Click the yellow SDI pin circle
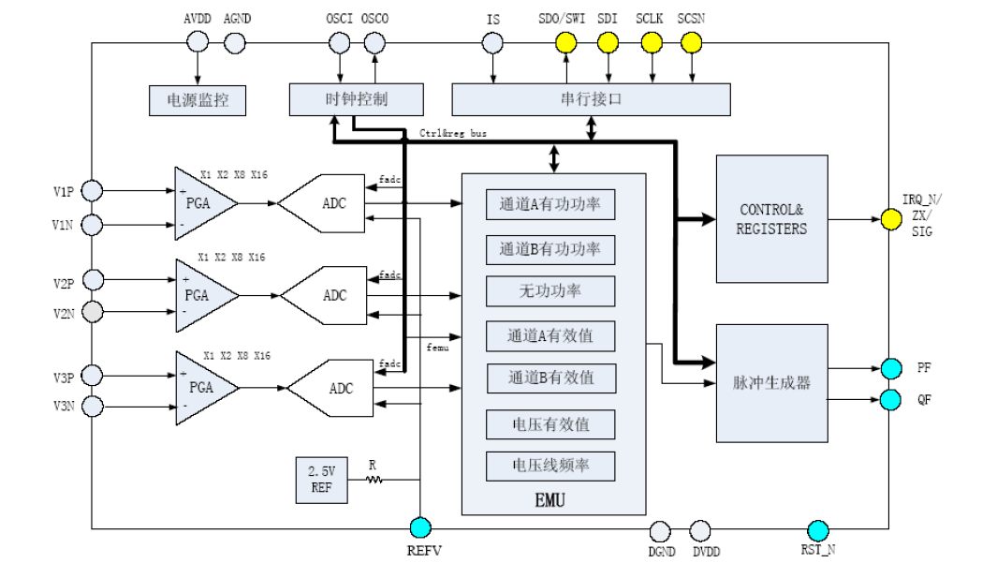[608, 42]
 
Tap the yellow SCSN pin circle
[691, 42]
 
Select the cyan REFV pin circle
[420, 528]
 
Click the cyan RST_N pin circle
[818, 530]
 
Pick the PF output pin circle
[891, 368]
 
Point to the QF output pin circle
[891, 400]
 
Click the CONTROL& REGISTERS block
[771, 219]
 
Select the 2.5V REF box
[320, 480]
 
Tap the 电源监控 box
[198, 100]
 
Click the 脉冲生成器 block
[771, 383]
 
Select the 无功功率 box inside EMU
[550, 291]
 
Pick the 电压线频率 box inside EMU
[550, 466]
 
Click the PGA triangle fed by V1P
[200, 203]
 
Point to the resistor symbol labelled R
[374, 480]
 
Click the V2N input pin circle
[92, 312]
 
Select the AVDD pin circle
[198, 42]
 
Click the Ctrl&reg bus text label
[454, 134]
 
